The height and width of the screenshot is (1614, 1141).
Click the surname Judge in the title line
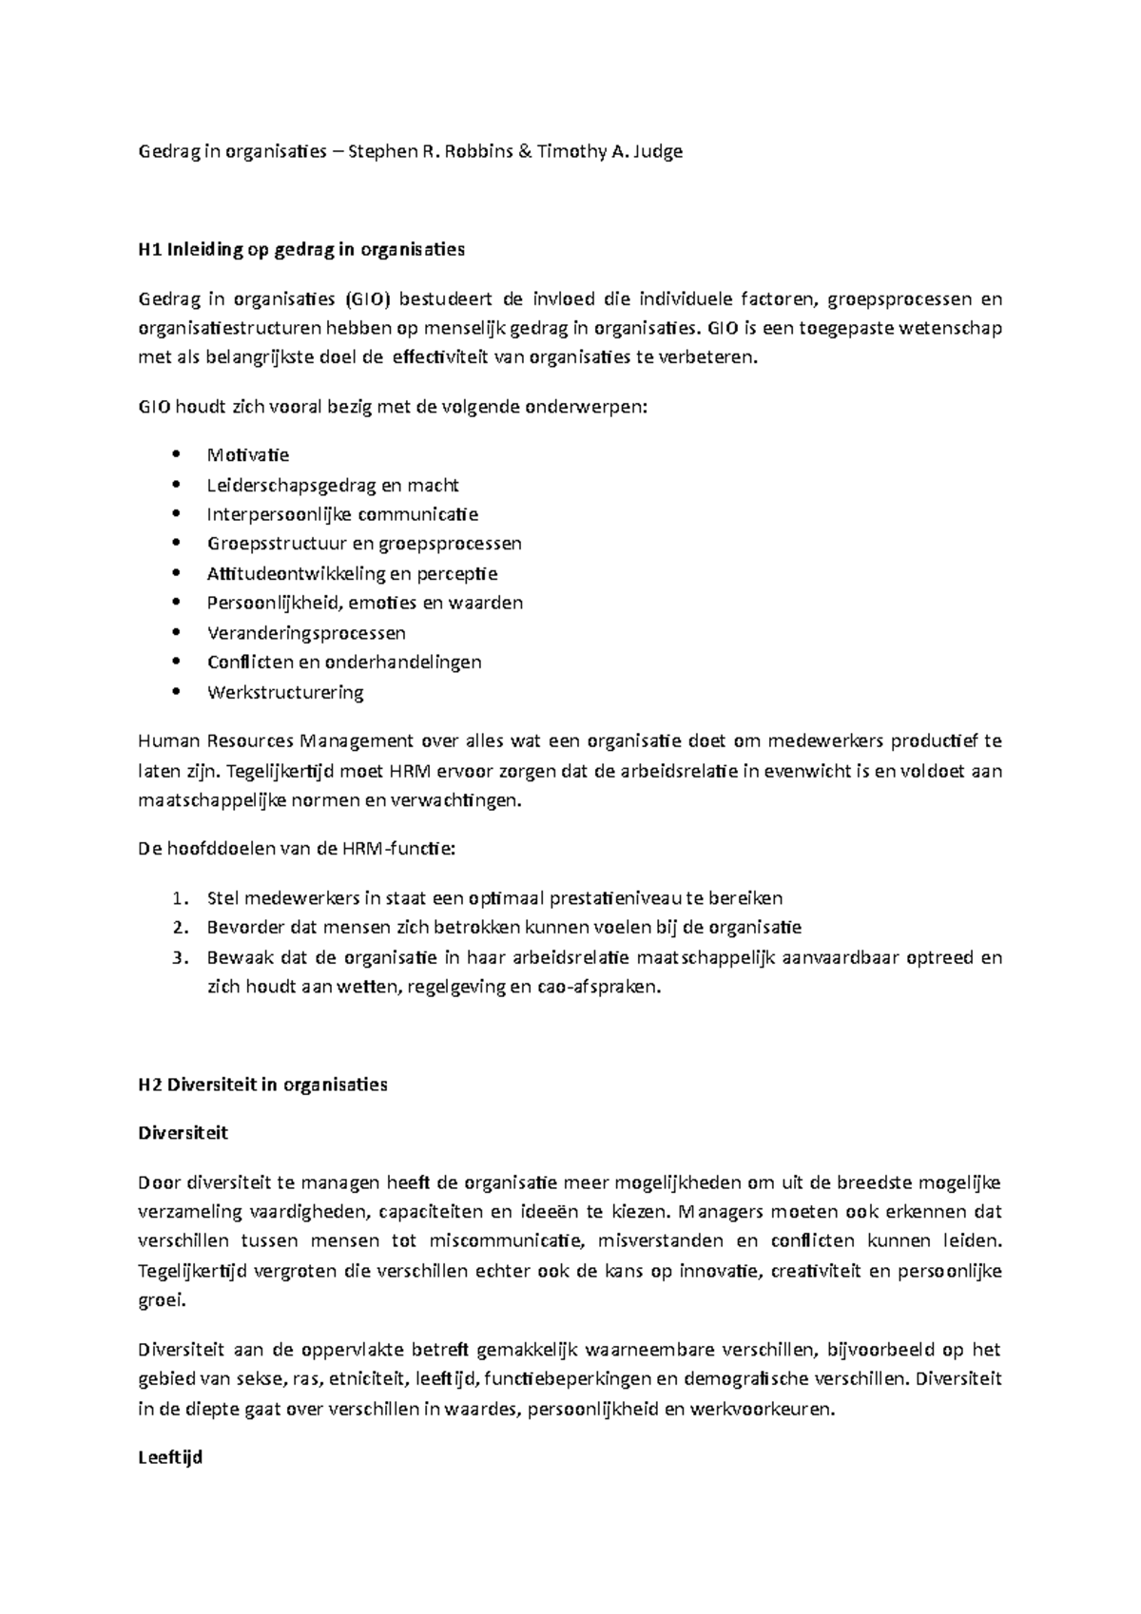click(x=657, y=151)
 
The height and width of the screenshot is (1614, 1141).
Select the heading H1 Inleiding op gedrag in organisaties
click(x=301, y=250)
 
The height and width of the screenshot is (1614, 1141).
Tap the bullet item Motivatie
click(x=248, y=455)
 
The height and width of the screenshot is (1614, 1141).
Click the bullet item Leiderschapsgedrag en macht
click(x=333, y=486)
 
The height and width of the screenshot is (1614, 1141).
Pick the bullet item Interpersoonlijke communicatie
click(x=342, y=515)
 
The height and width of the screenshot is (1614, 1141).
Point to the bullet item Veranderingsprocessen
click(x=306, y=633)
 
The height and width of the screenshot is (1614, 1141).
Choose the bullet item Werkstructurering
click(x=285, y=692)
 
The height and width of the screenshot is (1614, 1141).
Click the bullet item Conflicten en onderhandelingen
click(x=344, y=663)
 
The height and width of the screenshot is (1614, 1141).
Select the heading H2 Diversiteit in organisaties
click(x=262, y=1085)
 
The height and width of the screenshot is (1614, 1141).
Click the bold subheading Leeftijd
click(x=170, y=1457)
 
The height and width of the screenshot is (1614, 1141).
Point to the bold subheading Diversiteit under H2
click(x=183, y=1133)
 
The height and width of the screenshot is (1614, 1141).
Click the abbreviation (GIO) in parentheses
click(x=365, y=300)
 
